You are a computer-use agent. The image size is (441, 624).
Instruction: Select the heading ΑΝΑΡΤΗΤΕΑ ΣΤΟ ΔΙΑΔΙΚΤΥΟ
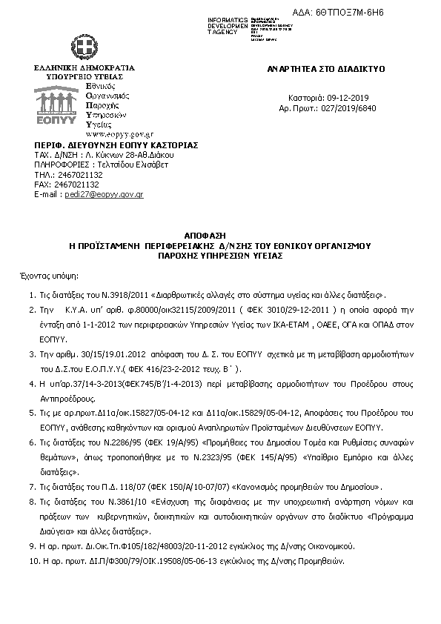coord(326,68)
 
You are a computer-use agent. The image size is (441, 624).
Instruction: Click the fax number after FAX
coord(77,184)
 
